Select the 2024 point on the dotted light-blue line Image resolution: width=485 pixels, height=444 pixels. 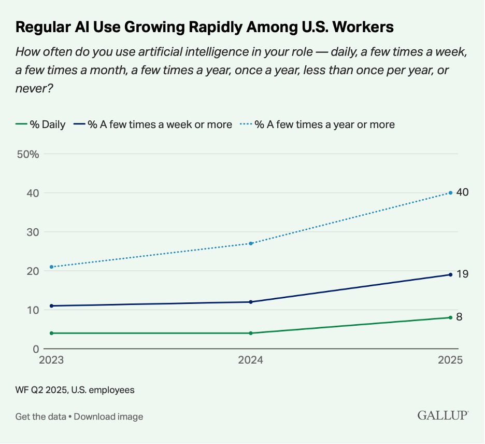tap(251, 243)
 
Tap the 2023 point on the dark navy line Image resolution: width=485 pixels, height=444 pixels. tap(51, 306)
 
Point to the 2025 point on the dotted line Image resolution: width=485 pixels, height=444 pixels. tap(451, 193)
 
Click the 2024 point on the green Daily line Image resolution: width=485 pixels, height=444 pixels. tap(251, 333)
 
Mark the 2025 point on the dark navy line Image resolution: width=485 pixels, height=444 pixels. tap(451, 274)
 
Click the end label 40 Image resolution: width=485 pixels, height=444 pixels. tap(463, 192)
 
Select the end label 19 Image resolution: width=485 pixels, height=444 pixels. tap(462, 274)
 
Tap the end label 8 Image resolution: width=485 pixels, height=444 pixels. tap(459, 317)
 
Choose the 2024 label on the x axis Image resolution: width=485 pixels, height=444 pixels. tap(251, 360)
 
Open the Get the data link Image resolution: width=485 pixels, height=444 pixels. tap(40, 417)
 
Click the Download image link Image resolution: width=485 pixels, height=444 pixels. tap(108, 417)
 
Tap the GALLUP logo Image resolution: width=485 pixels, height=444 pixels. tap(443, 415)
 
